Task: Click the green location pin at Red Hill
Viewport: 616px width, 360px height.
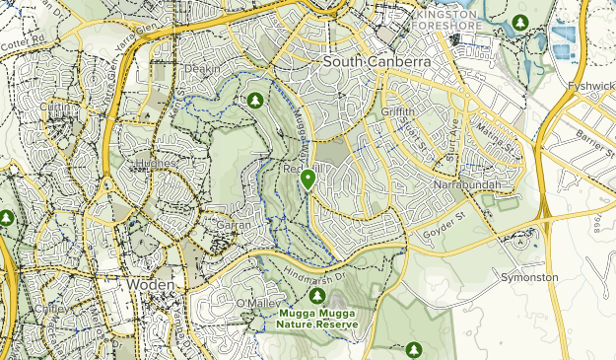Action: [x=308, y=180]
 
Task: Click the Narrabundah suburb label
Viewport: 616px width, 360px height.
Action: [x=466, y=185]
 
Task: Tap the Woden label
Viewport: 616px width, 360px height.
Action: [x=151, y=284]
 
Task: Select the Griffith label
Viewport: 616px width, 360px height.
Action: [x=399, y=111]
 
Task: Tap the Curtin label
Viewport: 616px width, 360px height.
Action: [x=58, y=108]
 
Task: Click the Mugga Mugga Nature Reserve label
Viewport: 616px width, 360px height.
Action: [x=316, y=319]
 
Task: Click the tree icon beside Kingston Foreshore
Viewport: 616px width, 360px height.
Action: [x=520, y=22]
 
